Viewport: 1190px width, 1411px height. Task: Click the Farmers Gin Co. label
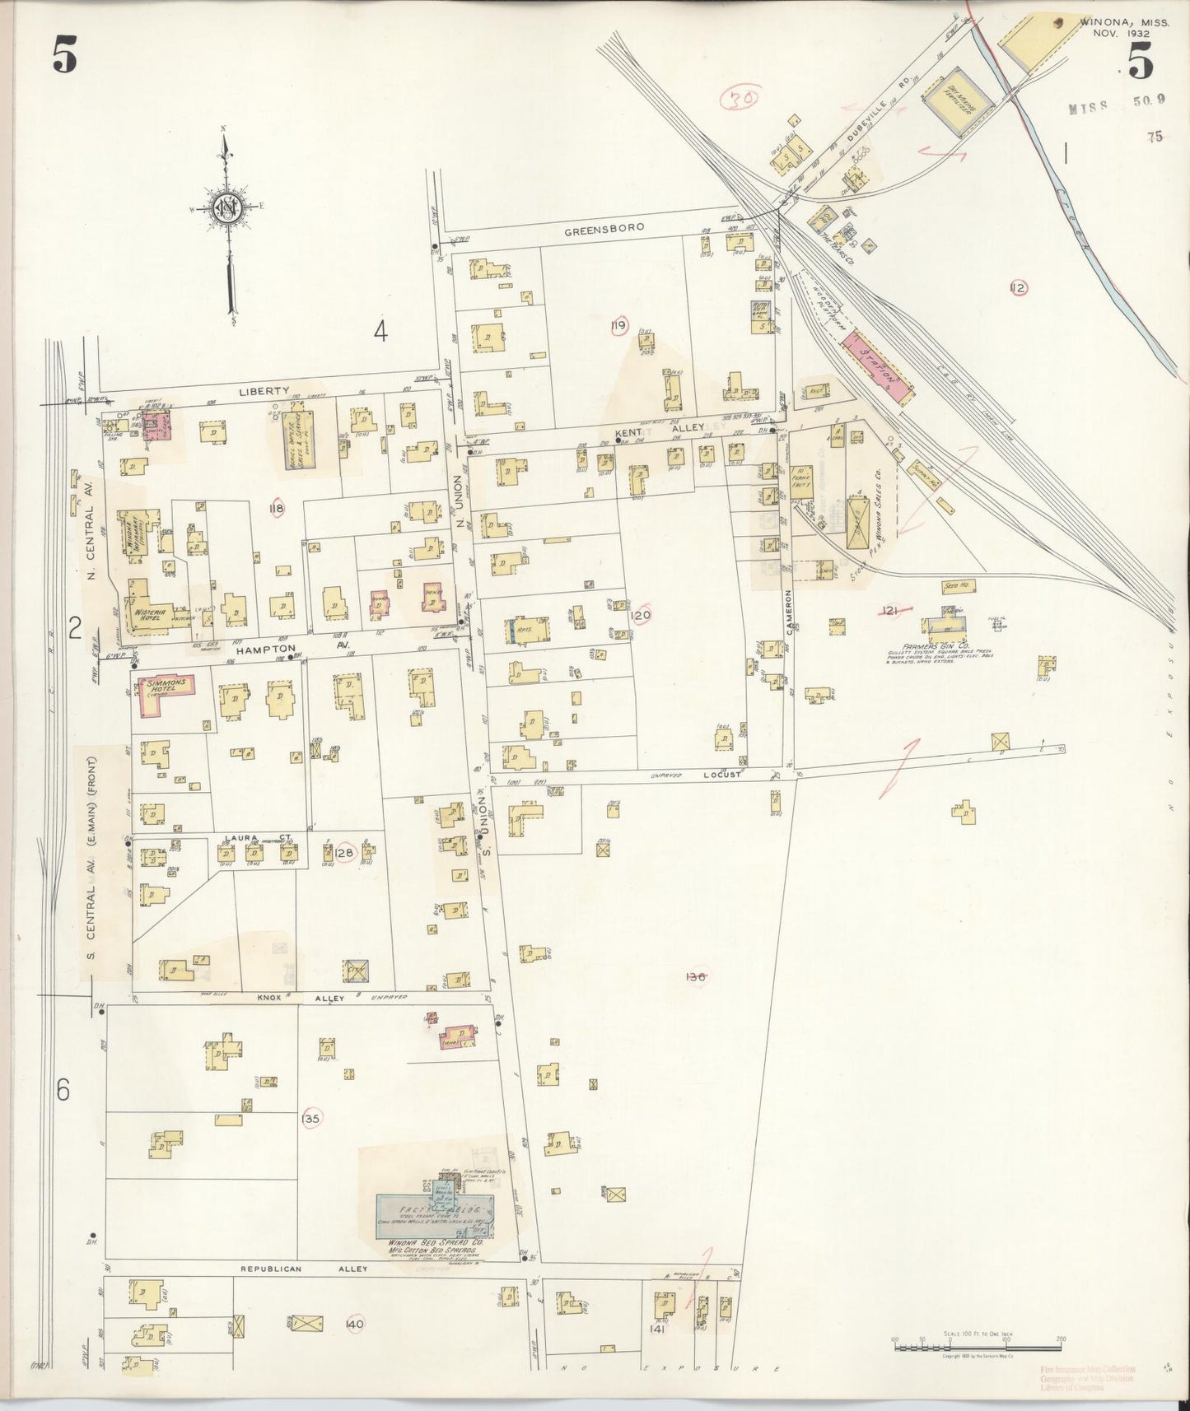pyautogui.click(x=925, y=647)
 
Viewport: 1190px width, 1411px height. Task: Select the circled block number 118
pyautogui.click(x=277, y=510)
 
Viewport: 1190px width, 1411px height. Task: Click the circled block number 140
pyautogui.click(x=355, y=1323)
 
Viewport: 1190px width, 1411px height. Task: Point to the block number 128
pyautogui.click(x=344, y=854)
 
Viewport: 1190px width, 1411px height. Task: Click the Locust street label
pyautogui.click(x=722, y=775)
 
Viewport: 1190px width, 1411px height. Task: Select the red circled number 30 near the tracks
pyautogui.click(x=738, y=100)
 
